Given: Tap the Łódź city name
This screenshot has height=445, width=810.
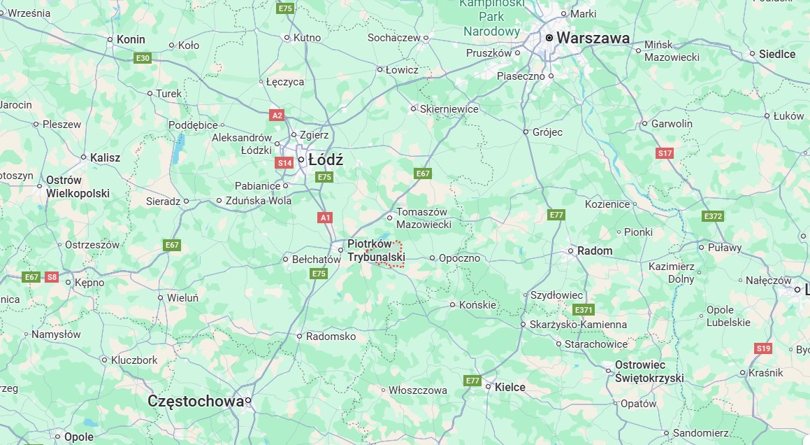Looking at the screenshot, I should pos(326,160).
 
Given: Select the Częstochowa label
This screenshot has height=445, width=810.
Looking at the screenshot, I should pos(196,401).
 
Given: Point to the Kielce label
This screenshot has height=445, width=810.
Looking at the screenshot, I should pos(509,387).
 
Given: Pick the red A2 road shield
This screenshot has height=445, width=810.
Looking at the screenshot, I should pos(277,115).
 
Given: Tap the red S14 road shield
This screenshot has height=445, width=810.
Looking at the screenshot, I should pos(284,163).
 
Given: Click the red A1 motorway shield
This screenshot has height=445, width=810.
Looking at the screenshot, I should pos(325,218).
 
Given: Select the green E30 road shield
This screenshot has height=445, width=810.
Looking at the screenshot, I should pos(143,57).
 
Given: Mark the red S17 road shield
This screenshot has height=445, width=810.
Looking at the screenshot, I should pos(665,153).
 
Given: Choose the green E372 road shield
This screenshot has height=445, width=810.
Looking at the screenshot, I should pos(712,216).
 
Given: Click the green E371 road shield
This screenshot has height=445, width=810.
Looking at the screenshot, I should pos(583,309).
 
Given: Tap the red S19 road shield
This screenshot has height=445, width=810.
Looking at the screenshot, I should pos(763,348).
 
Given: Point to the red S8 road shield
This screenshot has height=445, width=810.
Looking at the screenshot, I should pos(52,277).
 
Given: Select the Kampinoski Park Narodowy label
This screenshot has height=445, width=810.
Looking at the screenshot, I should pos(491,17).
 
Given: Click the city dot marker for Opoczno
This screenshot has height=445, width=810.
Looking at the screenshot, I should pos(433,258).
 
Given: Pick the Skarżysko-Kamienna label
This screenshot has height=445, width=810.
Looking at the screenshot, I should pos(578,325).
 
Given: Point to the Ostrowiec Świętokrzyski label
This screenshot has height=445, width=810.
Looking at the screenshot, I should pos(649,372).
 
